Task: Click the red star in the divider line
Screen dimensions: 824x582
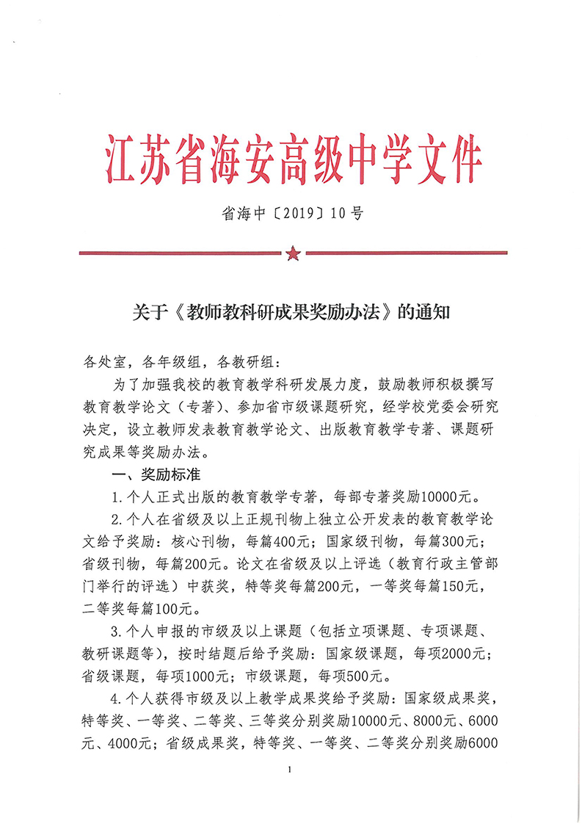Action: click(293, 254)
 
